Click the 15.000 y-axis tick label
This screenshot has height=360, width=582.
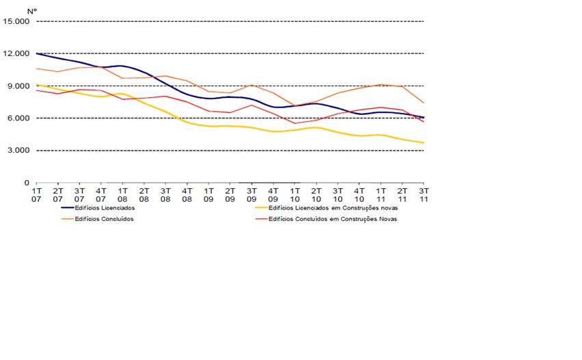[x=16, y=21]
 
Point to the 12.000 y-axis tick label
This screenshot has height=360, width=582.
[x=16, y=53]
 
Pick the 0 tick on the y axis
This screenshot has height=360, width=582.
[x=27, y=183]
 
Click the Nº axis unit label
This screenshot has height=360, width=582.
[x=31, y=11]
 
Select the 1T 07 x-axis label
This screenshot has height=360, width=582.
[x=37, y=194]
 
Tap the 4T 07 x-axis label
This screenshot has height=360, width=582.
[x=101, y=194]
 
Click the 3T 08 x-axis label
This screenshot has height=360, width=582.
[x=166, y=194]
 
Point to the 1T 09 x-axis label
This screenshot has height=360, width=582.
[x=209, y=194]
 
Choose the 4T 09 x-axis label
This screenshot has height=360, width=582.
[x=273, y=194]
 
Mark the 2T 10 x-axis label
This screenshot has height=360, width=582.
[x=316, y=194]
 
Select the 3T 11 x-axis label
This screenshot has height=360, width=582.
[x=423, y=194]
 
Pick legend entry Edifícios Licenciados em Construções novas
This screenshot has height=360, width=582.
[x=332, y=207]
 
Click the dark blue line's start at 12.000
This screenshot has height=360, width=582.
[x=37, y=53]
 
